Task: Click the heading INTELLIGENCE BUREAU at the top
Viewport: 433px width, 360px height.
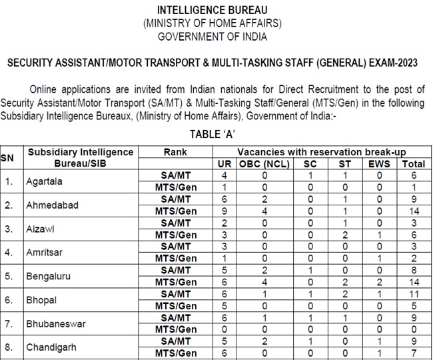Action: tap(213, 11)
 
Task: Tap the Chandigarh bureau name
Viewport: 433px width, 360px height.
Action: tap(52, 347)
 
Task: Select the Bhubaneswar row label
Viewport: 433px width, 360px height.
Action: tap(55, 323)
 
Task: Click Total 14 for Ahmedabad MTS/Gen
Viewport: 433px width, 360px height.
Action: tap(414, 211)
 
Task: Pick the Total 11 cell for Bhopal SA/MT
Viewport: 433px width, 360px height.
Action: tap(414, 294)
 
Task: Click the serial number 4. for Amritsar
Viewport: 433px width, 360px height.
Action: tap(9, 252)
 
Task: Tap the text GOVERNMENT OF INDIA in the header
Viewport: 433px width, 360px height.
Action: tap(213, 35)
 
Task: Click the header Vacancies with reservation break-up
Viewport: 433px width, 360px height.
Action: tap(321, 152)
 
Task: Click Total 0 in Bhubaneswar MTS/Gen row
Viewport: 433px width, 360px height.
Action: tap(414, 329)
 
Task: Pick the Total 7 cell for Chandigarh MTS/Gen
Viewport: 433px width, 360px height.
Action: tap(414, 353)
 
